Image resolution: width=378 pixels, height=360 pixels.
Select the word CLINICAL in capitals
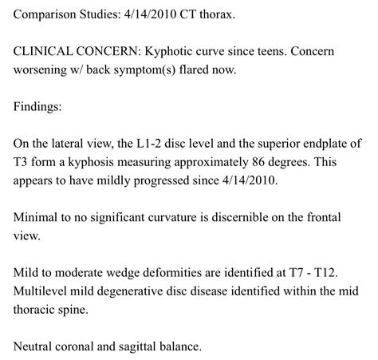pyautogui.click(x=47, y=49)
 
